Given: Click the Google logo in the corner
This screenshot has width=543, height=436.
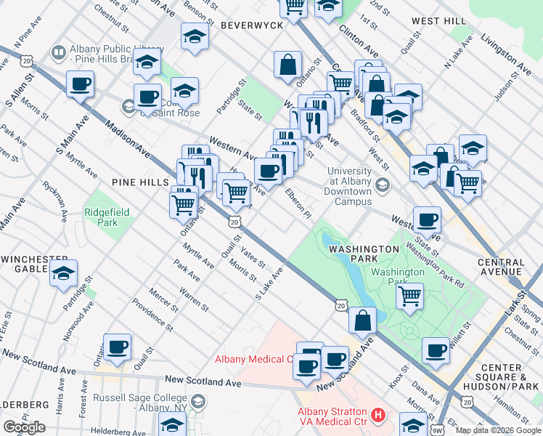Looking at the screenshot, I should [24, 427].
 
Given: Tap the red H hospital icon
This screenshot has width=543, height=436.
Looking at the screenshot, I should [377, 416].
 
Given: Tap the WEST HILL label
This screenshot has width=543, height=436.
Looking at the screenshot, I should [438, 21].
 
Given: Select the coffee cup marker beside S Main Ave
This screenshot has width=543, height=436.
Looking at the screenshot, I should [80, 84].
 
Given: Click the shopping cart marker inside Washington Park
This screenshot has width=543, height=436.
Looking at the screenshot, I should [410, 296].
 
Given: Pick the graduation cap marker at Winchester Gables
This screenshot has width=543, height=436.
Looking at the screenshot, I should [64, 273].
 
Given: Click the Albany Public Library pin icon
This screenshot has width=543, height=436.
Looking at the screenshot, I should [58, 52].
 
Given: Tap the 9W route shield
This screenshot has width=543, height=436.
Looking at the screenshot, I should [436, 430].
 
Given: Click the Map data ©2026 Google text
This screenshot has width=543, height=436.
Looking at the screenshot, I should [498, 430].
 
